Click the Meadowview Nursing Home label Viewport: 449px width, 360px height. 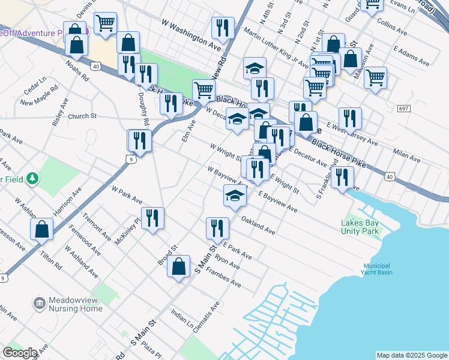67,304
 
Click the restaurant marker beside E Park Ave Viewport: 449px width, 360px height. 217,227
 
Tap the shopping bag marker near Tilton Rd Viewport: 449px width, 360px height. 41,229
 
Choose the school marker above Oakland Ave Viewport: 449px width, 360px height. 235,194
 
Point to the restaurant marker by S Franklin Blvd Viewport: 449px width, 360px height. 342,177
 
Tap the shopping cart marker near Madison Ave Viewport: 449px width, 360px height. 375,77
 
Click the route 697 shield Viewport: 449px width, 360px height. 403,108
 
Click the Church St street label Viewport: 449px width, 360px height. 82,116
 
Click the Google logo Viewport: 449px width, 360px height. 20,353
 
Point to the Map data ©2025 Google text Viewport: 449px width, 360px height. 412,355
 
